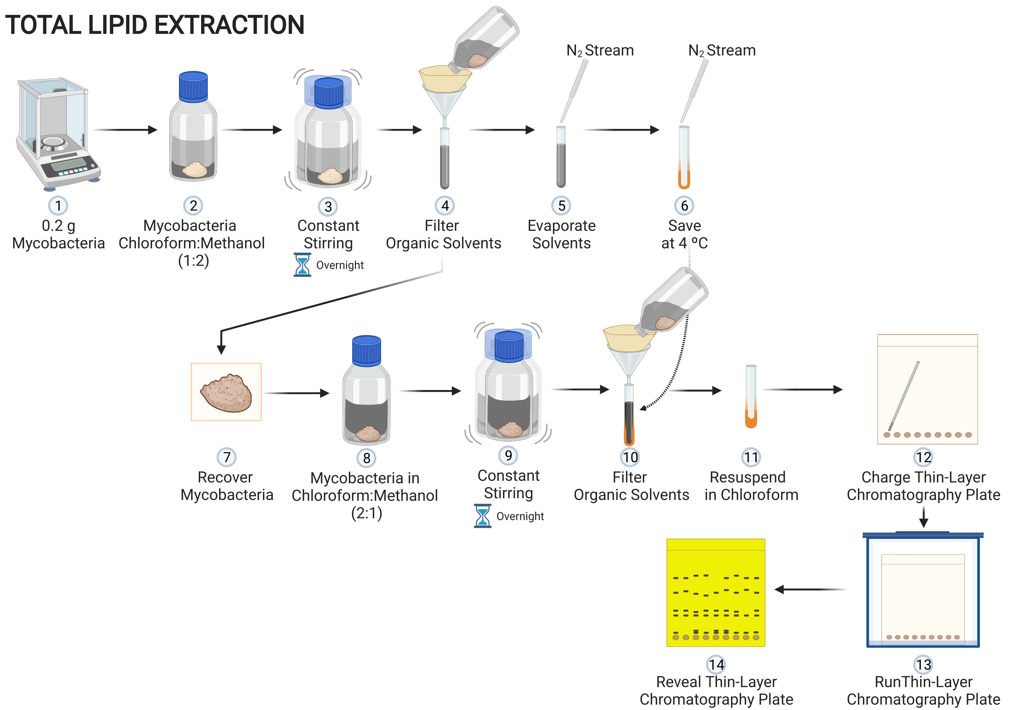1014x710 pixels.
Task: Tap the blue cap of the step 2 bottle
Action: [x=193, y=87]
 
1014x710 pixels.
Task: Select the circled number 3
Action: [x=328, y=206]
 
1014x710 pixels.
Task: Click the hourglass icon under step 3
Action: [x=303, y=265]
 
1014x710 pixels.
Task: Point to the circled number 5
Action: [x=561, y=206]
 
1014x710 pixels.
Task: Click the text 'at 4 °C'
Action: [x=684, y=243]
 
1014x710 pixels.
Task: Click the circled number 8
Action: [x=366, y=458]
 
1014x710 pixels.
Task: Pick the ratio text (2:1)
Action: [x=366, y=513]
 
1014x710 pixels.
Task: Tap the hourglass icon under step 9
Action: [x=483, y=516]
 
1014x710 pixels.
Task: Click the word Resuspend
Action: [x=747, y=477]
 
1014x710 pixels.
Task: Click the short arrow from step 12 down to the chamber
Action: [x=923, y=516]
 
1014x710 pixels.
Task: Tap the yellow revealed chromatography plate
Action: [x=716, y=592]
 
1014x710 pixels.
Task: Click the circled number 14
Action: [x=716, y=664]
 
